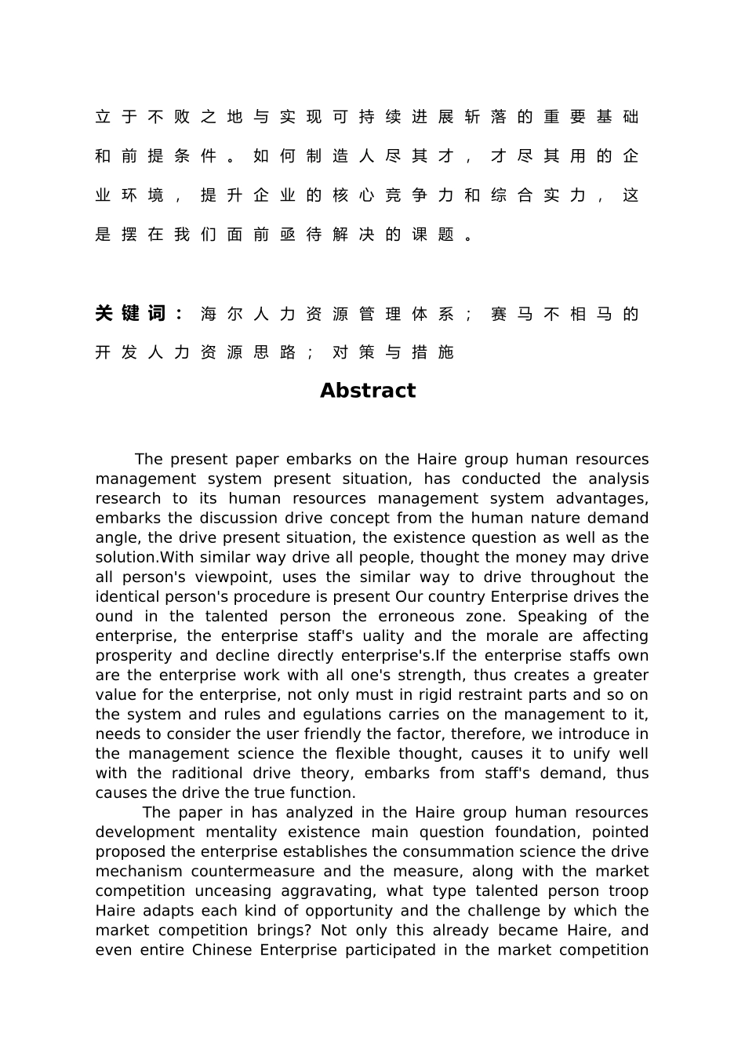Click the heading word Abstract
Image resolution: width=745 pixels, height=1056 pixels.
[x=368, y=391]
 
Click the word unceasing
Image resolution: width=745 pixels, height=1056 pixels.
[x=234, y=890]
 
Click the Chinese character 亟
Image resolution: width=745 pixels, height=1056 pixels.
[x=287, y=234]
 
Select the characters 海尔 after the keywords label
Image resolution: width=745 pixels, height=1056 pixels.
[x=222, y=314]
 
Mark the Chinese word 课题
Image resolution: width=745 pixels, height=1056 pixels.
[x=433, y=234]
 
